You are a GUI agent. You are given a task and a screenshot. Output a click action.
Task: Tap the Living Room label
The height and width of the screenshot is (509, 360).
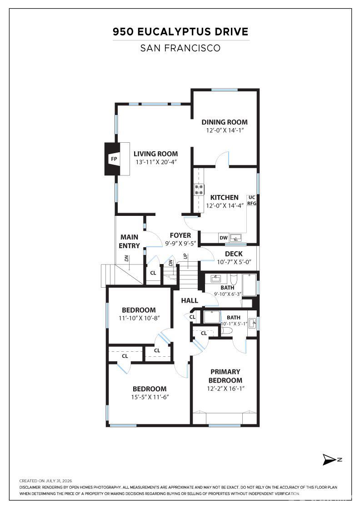(x=155, y=154)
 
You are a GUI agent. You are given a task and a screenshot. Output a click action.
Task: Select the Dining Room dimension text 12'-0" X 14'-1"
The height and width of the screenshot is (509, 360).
(x=225, y=130)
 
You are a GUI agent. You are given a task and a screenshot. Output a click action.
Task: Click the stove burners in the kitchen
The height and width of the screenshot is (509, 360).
(x=199, y=190)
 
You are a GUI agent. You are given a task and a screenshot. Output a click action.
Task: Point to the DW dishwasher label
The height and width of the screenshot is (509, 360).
(x=224, y=238)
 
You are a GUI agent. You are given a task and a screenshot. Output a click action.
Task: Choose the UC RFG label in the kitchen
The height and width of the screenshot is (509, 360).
(x=252, y=200)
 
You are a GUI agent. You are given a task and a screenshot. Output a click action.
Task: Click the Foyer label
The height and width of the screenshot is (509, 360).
(x=180, y=235)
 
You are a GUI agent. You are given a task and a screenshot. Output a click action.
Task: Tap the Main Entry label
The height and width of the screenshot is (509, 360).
(x=129, y=241)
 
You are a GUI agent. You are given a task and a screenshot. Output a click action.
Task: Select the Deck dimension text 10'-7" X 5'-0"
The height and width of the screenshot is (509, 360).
(x=234, y=262)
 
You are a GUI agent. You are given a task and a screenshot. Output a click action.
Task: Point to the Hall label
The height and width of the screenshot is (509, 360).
(x=190, y=300)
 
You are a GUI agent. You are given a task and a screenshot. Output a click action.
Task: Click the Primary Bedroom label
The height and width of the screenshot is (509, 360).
(x=225, y=376)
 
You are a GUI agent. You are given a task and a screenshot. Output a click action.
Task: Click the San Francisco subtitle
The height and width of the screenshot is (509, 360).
(x=180, y=48)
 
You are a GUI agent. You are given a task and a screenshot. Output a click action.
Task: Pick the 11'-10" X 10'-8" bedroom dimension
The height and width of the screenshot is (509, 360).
(x=139, y=318)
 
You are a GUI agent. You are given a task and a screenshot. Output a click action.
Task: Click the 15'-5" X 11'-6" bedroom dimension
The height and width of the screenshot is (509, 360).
(x=150, y=397)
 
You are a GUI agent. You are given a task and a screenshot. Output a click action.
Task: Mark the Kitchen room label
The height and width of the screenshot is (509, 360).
(x=224, y=197)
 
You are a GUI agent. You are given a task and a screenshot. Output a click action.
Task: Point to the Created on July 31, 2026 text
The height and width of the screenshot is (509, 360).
(x=45, y=481)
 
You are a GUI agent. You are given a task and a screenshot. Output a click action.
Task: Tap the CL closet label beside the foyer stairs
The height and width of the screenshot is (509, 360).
(x=153, y=273)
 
